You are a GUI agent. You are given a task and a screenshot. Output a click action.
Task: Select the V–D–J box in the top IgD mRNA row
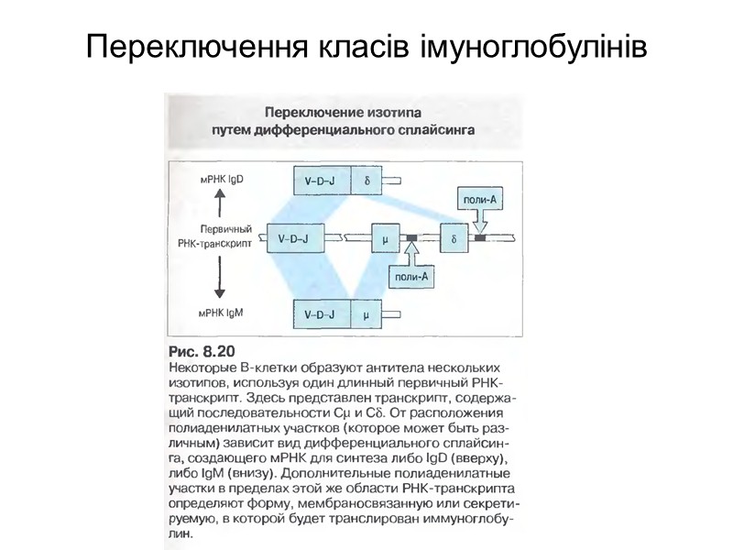tap(319, 180)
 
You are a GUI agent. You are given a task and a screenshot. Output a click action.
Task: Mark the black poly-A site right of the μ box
tap(411, 238)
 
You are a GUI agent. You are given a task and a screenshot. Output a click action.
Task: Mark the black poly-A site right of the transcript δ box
tap(479, 238)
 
